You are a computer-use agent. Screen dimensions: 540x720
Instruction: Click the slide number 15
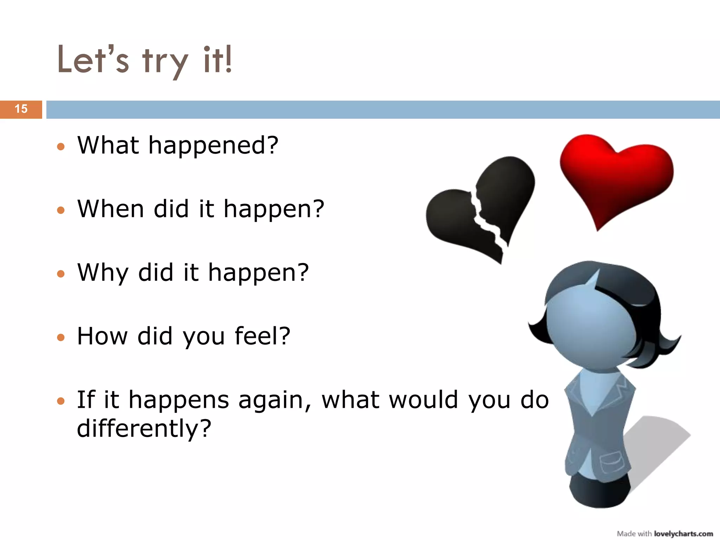pos(21,109)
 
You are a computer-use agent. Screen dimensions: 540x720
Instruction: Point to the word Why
pos(103,273)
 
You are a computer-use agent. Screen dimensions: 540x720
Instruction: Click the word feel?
pos(262,336)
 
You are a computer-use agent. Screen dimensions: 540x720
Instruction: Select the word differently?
pos(144,429)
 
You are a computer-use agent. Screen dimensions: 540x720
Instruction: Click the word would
pos(424,400)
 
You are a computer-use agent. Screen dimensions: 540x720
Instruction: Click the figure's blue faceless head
pos(591,330)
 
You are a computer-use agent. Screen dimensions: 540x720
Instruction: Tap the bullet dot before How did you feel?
pos(61,337)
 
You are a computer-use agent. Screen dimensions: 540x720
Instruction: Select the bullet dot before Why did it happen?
pos(61,274)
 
